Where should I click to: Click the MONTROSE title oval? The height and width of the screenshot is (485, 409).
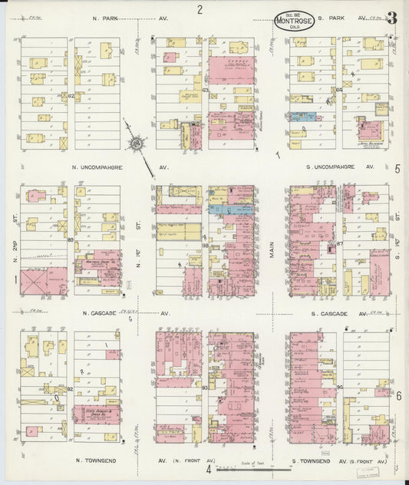[x=294, y=20]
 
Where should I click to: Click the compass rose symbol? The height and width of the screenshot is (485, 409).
[x=137, y=141]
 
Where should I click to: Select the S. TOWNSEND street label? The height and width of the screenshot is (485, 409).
[x=315, y=461]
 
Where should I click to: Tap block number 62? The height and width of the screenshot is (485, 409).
[x=71, y=96]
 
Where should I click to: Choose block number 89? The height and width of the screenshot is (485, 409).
[x=71, y=241]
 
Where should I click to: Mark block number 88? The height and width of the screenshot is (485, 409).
[x=205, y=244]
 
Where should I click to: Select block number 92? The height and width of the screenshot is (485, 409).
[x=70, y=389]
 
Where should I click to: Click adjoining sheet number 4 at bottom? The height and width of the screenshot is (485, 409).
[x=207, y=469]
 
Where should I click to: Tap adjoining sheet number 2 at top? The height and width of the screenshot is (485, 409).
[x=199, y=9]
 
